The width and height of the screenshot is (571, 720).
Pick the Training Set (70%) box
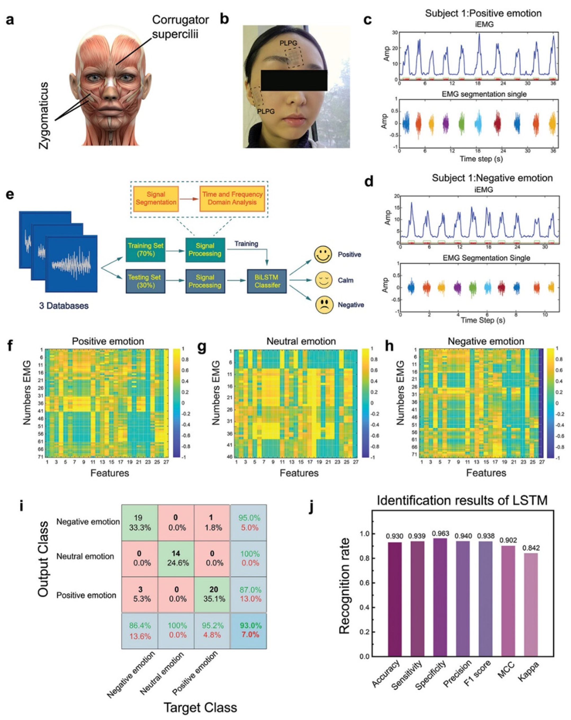[x=146, y=249]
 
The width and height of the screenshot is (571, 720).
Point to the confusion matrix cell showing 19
[x=139, y=523]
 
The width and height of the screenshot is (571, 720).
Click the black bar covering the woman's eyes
[x=294, y=80]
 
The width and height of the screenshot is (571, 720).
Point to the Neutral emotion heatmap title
[x=301, y=341]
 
